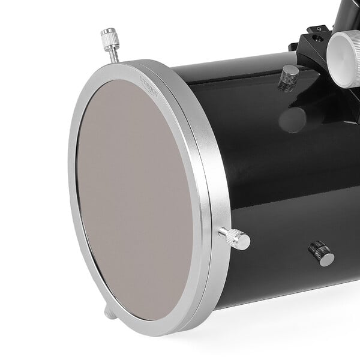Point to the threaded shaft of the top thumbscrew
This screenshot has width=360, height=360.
(113, 52)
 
